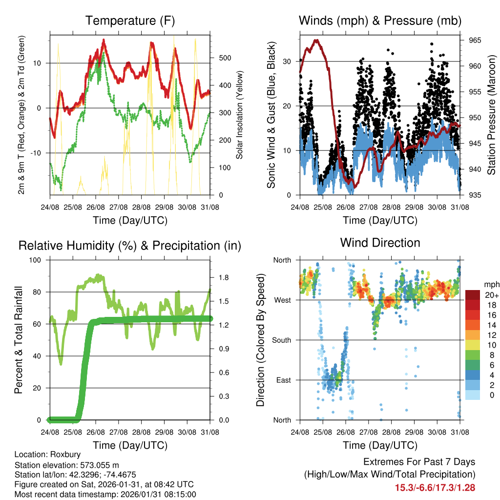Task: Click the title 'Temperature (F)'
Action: (130, 21)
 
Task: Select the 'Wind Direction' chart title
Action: (380, 242)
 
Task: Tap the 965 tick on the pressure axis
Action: (475, 40)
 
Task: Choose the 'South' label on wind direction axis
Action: (281, 340)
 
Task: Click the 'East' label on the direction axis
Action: (283, 380)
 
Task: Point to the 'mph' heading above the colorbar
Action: (491, 284)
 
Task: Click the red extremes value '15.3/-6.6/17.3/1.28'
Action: (435, 487)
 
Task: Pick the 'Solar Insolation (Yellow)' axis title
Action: (240, 114)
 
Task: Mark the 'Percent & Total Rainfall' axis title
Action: (19, 340)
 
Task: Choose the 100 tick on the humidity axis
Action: (37, 260)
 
